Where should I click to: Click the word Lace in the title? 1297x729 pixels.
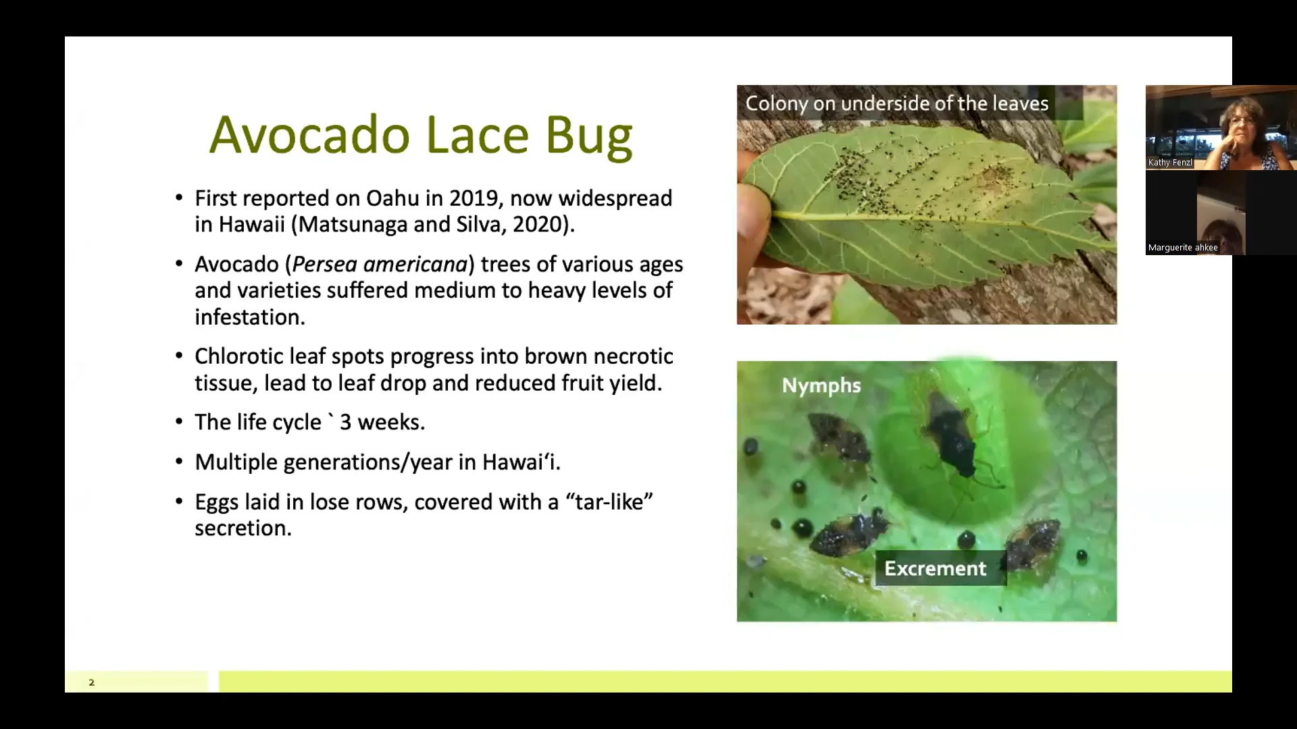coord(477,134)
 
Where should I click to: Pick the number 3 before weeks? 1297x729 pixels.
coord(345,423)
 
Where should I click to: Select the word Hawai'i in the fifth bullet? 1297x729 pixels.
coord(521,462)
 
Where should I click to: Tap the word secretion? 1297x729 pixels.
coord(243,529)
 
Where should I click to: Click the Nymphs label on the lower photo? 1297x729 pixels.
coord(821,385)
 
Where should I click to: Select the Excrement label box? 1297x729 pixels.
coord(936,568)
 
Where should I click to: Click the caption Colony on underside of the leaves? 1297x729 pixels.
coord(896,103)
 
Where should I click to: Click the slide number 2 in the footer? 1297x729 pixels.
coord(92,682)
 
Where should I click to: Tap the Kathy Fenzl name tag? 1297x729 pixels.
coord(1170,163)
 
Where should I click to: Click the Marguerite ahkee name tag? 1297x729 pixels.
coord(1182,248)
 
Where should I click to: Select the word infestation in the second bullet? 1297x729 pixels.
coord(249,317)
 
